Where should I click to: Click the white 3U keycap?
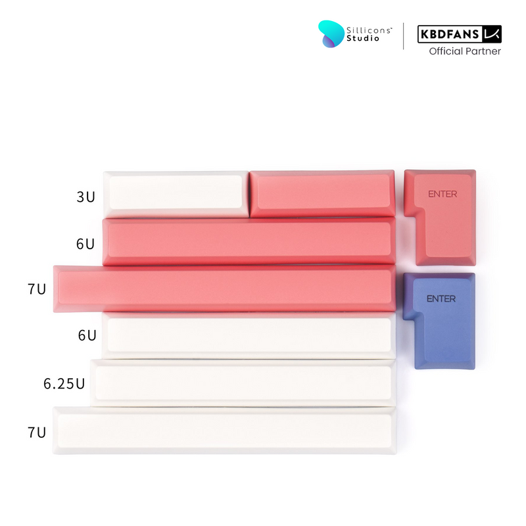click(176, 194)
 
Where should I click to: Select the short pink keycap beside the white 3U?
click(322, 193)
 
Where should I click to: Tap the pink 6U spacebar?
click(249, 241)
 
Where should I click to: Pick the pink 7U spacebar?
click(224, 289)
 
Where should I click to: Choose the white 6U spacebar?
click(249, 335)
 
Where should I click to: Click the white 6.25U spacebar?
click(243, 383)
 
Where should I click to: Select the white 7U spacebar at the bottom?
click(224, 431)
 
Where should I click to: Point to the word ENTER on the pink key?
click(442, 194)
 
